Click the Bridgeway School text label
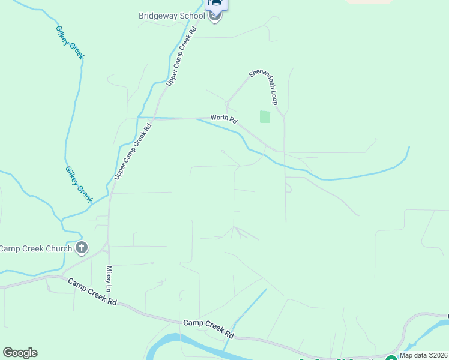[x=176, y=16]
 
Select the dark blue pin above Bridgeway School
[x=216, y=5]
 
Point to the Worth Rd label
[x=223, y=118]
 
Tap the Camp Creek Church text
[x=36, y=248]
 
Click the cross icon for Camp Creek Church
[x=82, y=248]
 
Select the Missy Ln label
[x=109, y=280]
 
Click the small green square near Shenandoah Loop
[x=265, y=117]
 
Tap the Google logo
[x=20, y=353]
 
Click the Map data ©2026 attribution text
[x=423, y=355]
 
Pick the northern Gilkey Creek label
[x=70, y=43]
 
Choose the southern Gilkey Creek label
[x=79, y=184]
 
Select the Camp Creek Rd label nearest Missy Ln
[x=92, y=292]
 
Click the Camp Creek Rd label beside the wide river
[x=208, y=326]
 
